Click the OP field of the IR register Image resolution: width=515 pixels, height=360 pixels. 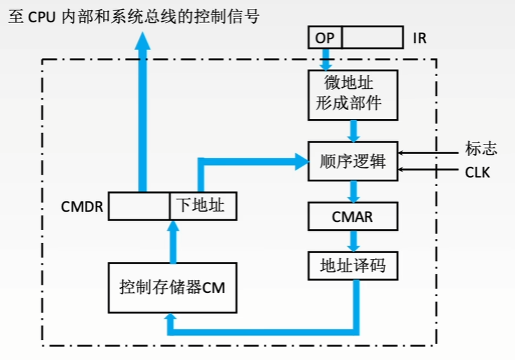(324, 38)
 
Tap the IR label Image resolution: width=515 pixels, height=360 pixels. (420, 38)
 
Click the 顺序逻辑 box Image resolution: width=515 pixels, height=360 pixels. (353, 160)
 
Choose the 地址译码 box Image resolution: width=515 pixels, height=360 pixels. (353, 265)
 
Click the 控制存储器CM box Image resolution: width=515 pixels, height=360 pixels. (172, 287)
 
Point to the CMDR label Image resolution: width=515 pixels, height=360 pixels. (83, 207)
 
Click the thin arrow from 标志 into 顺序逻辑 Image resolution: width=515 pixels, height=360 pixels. (429, 152)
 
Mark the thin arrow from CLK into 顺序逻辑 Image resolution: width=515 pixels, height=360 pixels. (429, 169)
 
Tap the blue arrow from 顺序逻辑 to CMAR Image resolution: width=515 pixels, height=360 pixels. (353, 191)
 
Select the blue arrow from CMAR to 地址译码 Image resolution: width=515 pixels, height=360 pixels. (353, 241)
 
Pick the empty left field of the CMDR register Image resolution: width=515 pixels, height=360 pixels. (139, 206)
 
